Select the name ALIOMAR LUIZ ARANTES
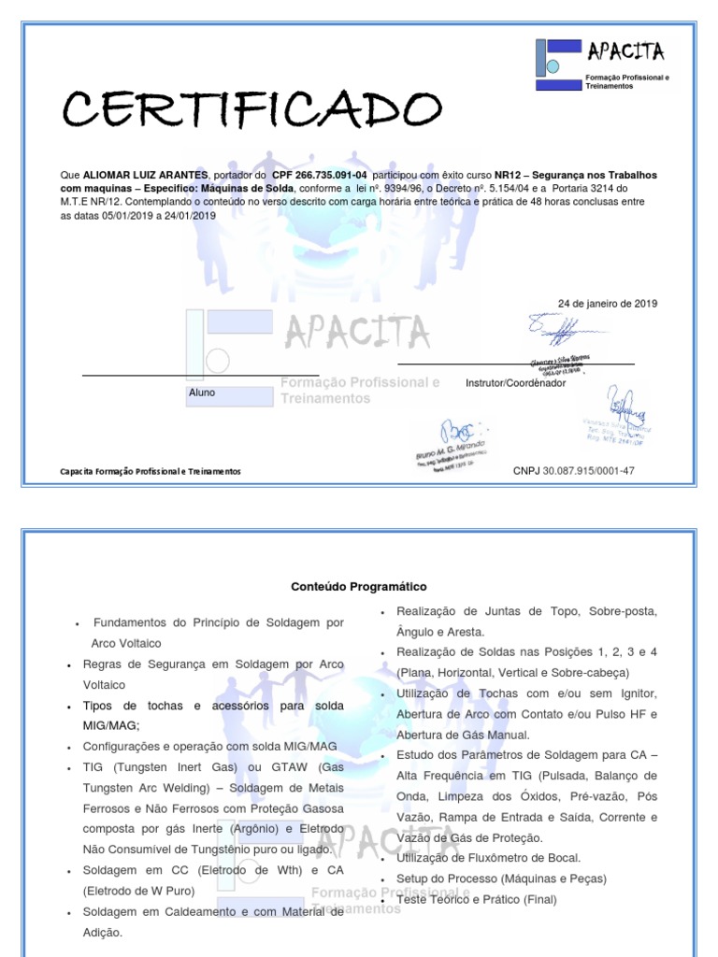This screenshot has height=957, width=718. pos(145,175)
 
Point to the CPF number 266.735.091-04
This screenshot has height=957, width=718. pos(320,175)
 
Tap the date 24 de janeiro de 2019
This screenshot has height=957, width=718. pos(608,304)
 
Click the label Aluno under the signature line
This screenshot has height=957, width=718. pos(202,393)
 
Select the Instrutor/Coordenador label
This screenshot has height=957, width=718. pos(515,383)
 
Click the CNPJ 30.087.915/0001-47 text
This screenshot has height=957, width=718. pos(573,471)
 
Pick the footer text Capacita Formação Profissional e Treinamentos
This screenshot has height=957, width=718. pos(151,472)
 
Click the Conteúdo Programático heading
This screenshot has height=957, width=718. pos(359,587)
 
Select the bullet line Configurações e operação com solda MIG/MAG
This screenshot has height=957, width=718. pos(209,747)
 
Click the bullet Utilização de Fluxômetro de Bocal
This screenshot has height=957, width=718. pos(488,858)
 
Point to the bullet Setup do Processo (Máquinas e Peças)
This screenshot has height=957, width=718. pos(501,878)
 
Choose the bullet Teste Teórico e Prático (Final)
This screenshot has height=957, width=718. pos(476,899)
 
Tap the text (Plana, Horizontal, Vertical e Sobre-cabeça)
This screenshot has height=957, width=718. pos(512,672)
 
